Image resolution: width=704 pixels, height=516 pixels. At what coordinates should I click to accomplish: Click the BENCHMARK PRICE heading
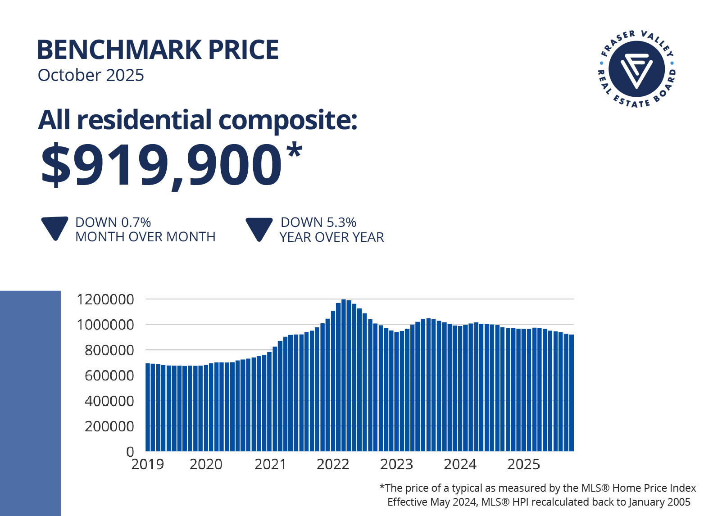coord(158,50)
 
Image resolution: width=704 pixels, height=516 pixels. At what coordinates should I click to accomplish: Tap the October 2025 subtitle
coord(91,75)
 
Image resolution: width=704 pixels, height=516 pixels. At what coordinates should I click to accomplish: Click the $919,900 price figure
coord(161,165)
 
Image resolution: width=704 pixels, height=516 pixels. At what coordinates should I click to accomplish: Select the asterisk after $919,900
coord(294,150)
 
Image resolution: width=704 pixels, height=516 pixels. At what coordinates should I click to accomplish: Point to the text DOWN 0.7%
coord(113,222)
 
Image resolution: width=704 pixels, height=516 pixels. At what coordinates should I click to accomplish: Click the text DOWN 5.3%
coord(318,222)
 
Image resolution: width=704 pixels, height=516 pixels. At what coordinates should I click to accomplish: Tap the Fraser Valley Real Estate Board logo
coord(636,69)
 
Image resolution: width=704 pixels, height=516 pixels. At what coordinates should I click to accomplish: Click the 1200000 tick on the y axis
coord(105,299)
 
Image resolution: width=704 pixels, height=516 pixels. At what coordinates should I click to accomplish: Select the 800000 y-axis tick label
coord(109,350)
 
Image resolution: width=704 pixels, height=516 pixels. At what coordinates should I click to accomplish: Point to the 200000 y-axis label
coord(109,426)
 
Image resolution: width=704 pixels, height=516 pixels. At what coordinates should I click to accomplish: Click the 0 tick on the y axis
coord(130,451)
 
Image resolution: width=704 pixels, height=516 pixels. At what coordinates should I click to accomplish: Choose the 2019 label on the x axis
coord(147,464)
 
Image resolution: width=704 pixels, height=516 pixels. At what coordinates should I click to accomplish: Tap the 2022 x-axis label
coord(333,464)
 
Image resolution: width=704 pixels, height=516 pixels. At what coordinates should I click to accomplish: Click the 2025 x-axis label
coord(523,464)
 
